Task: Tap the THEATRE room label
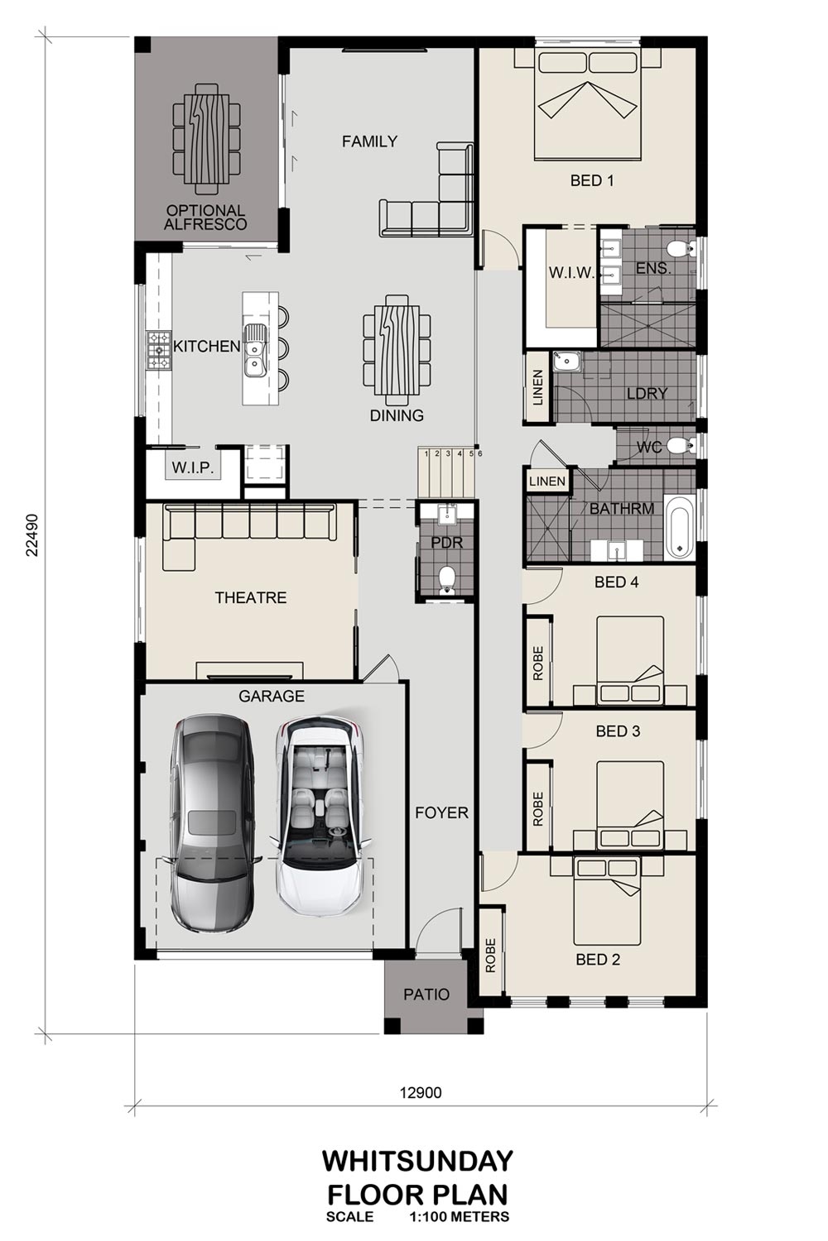pos(250,597)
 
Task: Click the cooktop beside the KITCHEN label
pos(158,350)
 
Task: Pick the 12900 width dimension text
pos(421,1092)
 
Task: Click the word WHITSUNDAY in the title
pos(417,1161)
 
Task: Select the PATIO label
pos(426,994)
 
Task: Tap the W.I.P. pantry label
pos(193,468)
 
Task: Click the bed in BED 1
pos(588,103)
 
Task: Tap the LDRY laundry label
pos(647,394)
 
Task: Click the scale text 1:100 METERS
pos(460,1217)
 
